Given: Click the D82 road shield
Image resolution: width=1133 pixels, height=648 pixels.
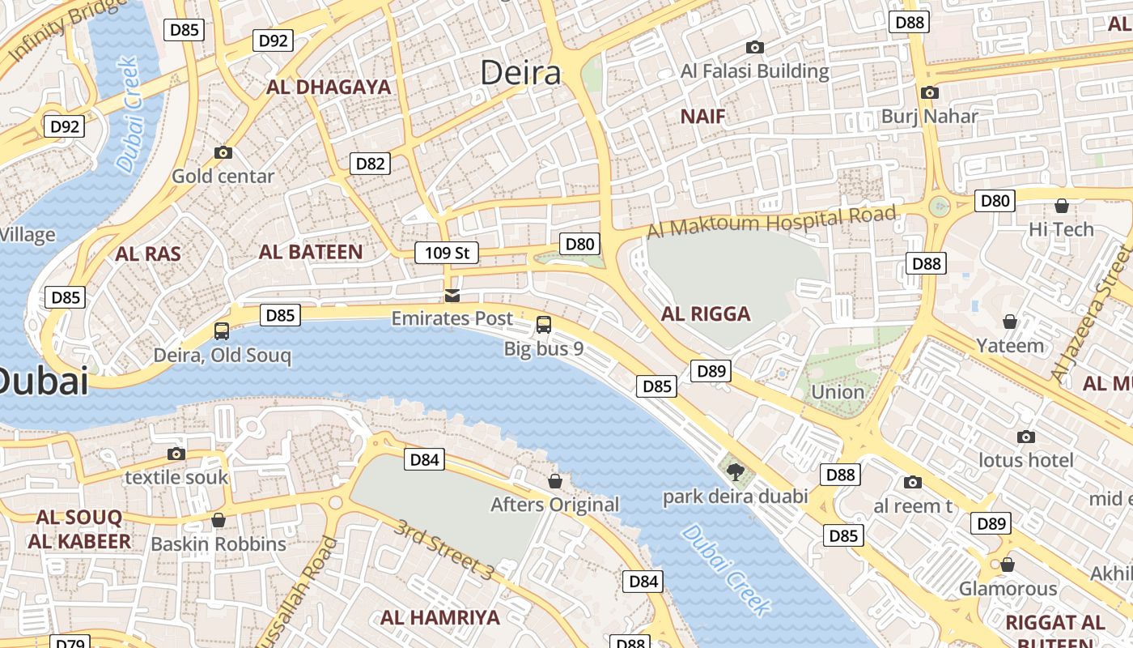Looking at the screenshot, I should pos(371,164).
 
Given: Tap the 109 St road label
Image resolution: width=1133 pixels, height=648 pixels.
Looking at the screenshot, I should pos(447,253).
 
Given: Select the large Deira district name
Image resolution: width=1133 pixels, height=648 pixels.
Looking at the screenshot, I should pos(520,73).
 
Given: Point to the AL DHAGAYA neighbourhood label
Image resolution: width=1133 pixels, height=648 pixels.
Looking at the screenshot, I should pos(329,87).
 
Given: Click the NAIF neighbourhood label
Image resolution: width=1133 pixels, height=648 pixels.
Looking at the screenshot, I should pos(702,117).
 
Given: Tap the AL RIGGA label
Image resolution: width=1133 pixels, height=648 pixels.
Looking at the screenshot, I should pos(706,313).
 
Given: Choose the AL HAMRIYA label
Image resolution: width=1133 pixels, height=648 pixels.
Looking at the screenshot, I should pos(440,617).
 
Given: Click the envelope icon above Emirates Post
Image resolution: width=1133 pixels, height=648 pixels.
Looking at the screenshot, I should pos(452,295).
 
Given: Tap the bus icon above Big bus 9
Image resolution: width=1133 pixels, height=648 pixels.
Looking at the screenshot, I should pos(544,325).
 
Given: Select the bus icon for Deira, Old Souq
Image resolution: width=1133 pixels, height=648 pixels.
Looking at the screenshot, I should pos(222,330).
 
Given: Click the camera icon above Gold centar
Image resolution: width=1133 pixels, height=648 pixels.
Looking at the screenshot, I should pos(223,152).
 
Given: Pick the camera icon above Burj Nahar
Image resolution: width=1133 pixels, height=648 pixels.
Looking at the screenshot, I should pos(929,92).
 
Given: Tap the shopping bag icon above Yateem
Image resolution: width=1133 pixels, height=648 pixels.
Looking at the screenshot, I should pos(1010,322).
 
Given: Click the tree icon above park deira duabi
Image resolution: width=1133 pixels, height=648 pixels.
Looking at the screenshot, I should pos(735,471).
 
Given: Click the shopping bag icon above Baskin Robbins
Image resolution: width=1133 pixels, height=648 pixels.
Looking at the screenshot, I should pos(218,520).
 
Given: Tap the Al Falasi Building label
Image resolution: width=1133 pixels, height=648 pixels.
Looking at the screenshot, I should pos(755,71).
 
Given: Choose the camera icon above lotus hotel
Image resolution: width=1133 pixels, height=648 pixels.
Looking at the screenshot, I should pos(1026,437).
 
